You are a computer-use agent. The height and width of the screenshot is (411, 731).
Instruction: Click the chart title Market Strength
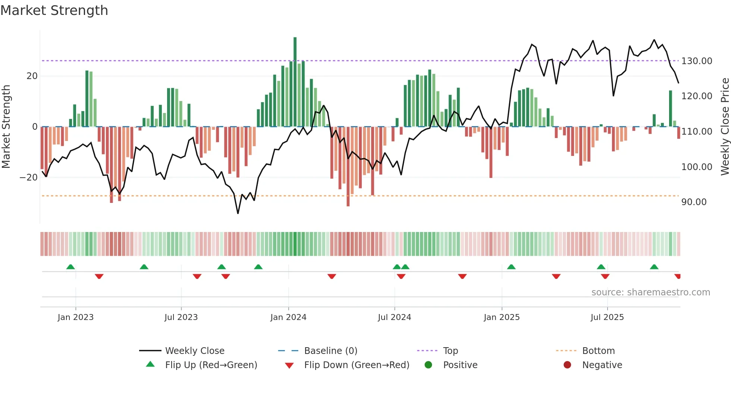(54, 10)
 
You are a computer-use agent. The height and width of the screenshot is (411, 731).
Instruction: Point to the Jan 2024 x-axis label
(288, 317)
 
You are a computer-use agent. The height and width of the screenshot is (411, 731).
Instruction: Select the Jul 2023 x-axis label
(181, 317)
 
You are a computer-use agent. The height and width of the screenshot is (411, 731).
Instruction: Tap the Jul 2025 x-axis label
(607, 317)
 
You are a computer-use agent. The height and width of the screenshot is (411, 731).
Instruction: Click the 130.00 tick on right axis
(696, 61)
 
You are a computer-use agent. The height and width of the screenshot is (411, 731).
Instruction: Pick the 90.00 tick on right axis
(694, 202)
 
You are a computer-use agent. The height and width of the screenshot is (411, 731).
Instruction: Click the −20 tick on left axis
(28, 178)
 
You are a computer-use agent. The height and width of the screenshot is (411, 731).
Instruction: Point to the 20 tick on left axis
(32, 76)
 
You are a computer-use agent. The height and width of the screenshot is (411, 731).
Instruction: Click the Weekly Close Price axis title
(725, 127)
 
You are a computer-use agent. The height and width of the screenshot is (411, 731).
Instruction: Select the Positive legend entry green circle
(429, 365)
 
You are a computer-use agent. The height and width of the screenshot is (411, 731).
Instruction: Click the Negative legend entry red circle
(567, 365)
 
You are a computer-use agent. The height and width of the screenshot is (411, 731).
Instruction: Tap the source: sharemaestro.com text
(650, 292)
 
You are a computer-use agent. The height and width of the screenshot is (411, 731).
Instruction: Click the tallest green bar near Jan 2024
(295, 82)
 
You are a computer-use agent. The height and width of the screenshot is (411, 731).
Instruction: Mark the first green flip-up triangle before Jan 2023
(70, 267)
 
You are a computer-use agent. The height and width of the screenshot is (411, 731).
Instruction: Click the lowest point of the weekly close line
(238, 213)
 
